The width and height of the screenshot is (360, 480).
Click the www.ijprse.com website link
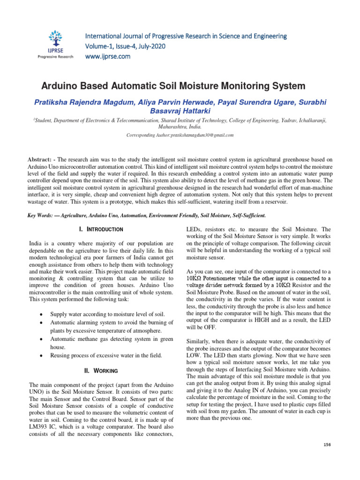(x=107, y=57)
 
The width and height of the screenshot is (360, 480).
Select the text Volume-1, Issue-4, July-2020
(x=125, y=46)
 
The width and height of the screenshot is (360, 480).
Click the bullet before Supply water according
(x=42, y=313)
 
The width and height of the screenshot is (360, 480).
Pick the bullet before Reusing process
(x=42, y=356)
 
